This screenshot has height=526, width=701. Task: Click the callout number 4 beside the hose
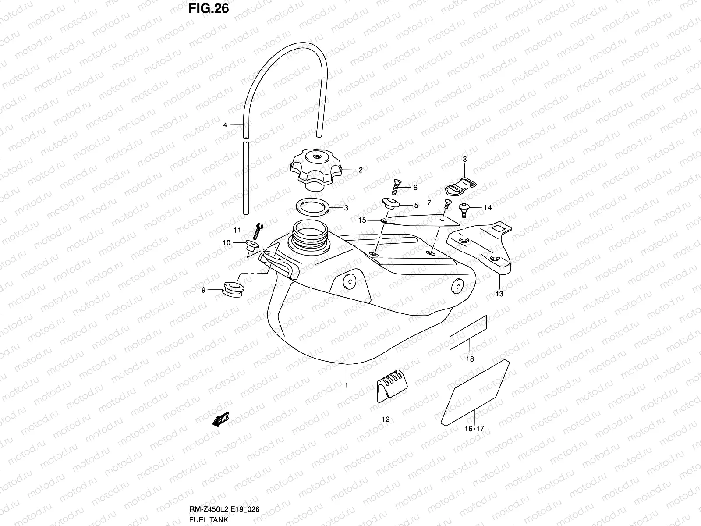[225, 125]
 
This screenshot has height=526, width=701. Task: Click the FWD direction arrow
[220, 420]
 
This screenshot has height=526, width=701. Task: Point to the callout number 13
[499, 294]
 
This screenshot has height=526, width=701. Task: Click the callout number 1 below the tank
[347, 386]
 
